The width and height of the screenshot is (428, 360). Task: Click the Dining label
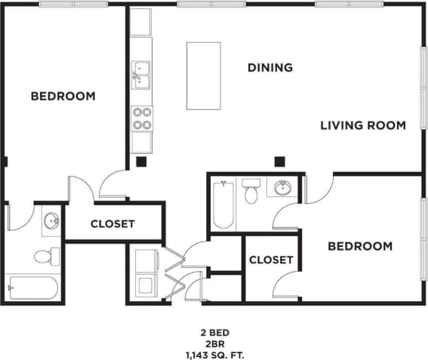(x=270, y=68)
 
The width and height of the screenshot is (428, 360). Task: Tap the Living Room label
(x=363, y=125)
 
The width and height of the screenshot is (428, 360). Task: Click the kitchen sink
(x=140, y=72)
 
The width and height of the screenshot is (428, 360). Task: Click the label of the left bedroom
(x=63, y=96)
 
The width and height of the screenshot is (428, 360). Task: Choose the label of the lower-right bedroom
(x=359, y=246)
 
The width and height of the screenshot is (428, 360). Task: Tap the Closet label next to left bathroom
(x=112, y=223)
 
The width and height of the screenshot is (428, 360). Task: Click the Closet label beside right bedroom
(x=270, y=260)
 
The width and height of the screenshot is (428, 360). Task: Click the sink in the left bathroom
(x=51, y=221)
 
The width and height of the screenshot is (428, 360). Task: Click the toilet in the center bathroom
(x=251, y=192)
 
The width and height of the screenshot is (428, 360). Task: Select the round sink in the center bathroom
(x=284, y=188)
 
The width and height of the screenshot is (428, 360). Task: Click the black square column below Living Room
(x=279, y=160)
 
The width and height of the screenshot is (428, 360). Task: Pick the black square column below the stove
(x=140, y=161)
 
